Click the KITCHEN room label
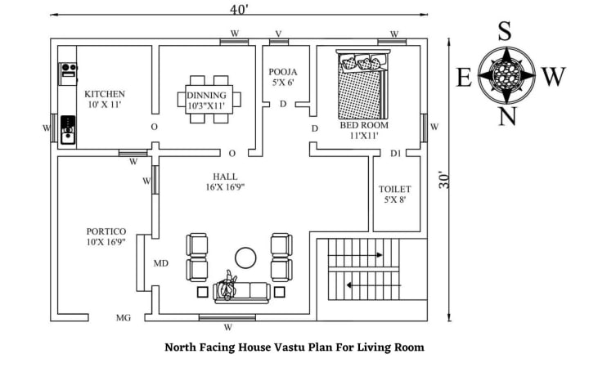[x=105, y=94]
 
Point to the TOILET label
[x=395, y=189]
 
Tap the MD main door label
[x=161, y=264]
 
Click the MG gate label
[x=123, y=318]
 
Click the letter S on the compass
[x=506, y=33]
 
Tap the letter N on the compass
[x=507, y=117]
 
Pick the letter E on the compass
[x=463, y=78]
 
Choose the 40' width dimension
[x=239, y=8]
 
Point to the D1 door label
[x=396, y=153]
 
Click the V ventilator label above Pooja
[x=278, y=34]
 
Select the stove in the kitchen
[x=67, y=128]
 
